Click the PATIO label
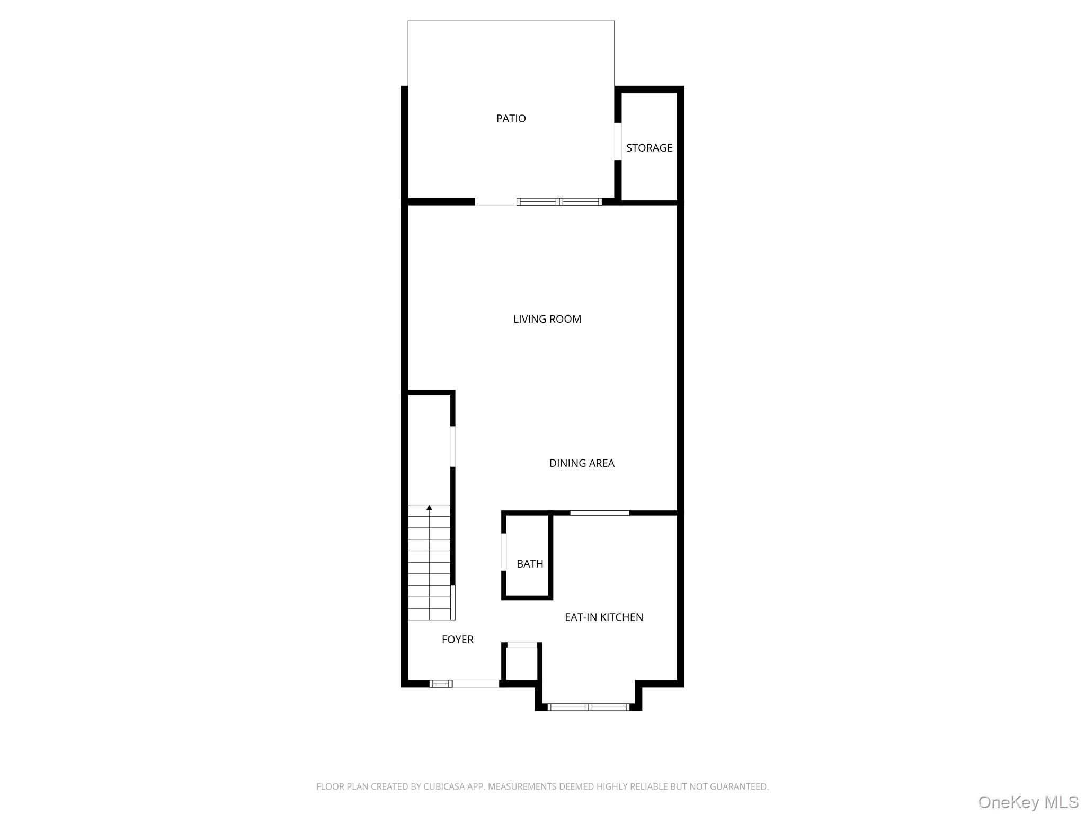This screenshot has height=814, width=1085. (511, 119)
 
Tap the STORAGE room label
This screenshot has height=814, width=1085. (649, 148)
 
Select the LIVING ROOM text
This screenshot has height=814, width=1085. (547, 319)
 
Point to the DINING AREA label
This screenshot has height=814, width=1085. (582, 463)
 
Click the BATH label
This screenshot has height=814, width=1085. (530, 564)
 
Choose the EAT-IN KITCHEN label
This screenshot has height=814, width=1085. (604, 617)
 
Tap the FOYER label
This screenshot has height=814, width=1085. (458, 640)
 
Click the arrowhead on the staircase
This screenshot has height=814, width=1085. (429, 508)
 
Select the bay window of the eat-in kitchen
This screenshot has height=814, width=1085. (588, 707)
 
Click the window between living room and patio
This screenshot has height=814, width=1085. (559, 201)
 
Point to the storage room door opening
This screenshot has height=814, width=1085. (618, 141)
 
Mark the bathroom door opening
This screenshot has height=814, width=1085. (504, 552)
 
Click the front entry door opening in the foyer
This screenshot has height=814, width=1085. (476, 684)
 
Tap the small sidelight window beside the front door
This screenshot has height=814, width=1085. (441, 684)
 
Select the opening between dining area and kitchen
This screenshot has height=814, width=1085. (600, 512)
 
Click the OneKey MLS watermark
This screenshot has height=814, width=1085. (1028, 802)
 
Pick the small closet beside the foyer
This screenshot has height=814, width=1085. (522, 663)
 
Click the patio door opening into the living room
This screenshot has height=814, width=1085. (496, 201)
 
